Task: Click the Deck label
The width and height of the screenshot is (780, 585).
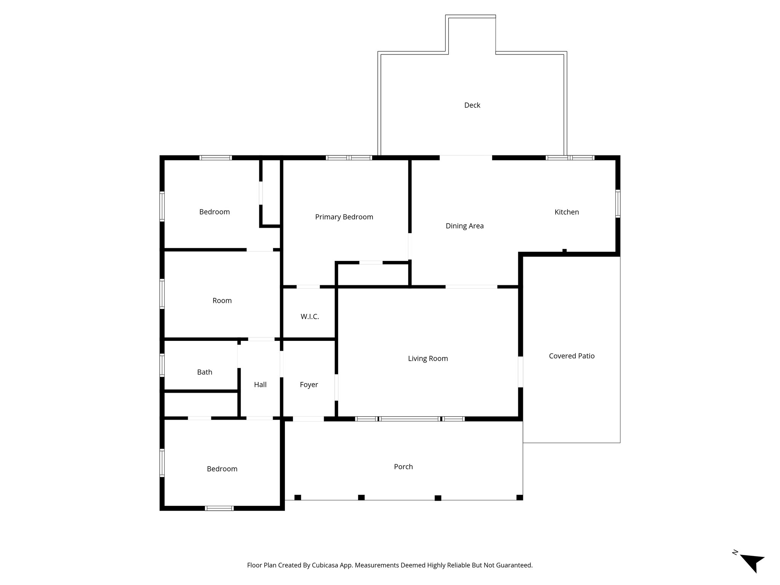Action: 472,105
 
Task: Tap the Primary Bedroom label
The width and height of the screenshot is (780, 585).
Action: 344,217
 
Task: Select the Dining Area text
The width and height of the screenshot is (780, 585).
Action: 465,226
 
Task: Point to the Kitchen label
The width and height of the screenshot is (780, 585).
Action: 566,212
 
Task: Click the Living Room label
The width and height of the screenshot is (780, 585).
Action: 428,358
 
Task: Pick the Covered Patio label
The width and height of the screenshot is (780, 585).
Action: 571,356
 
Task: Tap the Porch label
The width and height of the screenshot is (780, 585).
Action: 403,467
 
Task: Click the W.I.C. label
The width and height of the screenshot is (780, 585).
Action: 310,316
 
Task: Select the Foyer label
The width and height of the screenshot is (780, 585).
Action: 308,385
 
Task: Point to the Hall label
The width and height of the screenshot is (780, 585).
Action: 260,385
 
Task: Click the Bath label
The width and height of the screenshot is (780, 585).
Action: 205,372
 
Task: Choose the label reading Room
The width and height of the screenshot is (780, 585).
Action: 222,300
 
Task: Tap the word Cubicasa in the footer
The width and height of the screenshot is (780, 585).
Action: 326,565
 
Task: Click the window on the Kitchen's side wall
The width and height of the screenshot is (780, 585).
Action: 618,204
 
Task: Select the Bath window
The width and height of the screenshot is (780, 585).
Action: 162,365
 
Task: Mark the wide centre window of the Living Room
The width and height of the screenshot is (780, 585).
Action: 410,419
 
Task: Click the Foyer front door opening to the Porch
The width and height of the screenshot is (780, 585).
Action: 308,419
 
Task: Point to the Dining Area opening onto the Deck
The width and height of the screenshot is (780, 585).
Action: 466,157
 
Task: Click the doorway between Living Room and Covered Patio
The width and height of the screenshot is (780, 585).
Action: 520,372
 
